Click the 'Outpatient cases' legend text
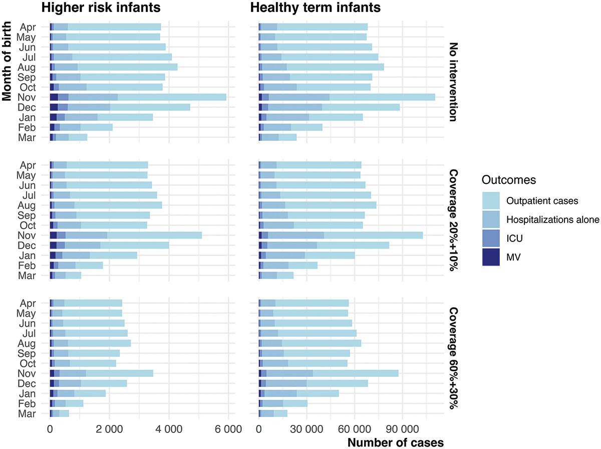tap(543, 201)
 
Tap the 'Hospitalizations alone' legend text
tap(553, 219)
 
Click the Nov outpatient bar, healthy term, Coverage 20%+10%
tap(373, 235)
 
